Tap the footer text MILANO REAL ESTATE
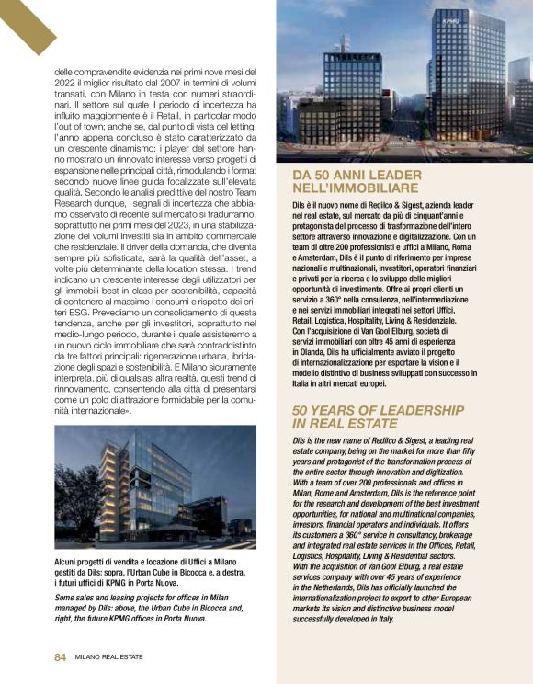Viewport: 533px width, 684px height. [x=110, y=656]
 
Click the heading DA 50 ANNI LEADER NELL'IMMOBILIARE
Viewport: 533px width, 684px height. [x=357, y=179]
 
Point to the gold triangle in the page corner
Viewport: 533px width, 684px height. [x=20, y=18]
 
